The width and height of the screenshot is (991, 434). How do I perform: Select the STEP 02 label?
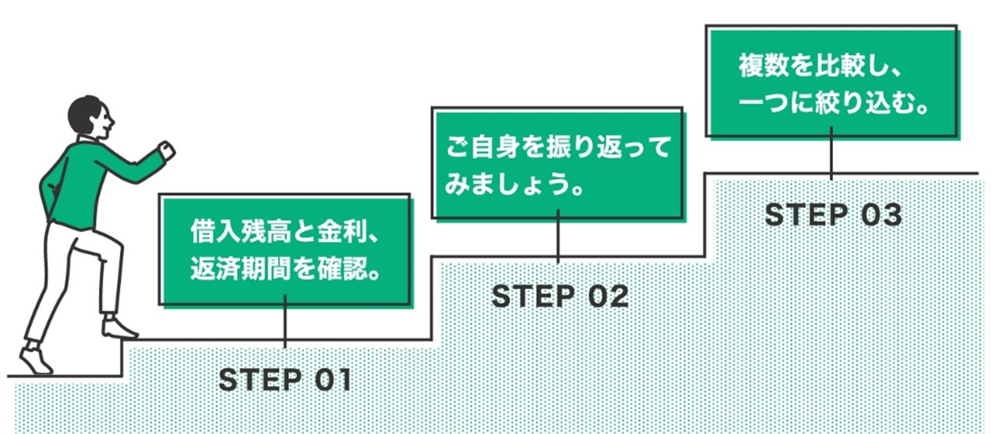click(559, 296)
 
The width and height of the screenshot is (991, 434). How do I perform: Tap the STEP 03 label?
click(832, 215)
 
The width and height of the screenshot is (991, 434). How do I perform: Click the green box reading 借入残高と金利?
click(285, 249)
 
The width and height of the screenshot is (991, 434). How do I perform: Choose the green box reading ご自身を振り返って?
click(557, 163)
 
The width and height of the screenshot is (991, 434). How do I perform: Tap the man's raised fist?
click(166, 150)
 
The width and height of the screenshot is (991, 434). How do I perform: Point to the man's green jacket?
click(78, 183)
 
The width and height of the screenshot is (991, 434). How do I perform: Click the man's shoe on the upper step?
click(118, 328)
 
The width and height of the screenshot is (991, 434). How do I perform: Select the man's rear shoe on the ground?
click(35, 359)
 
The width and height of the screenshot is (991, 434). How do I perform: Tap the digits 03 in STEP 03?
click(880, 215)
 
